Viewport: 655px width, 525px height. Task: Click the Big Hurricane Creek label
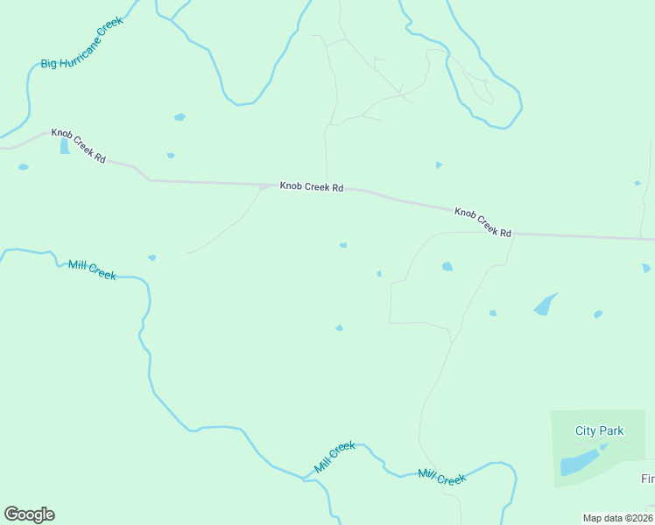pos(82,42)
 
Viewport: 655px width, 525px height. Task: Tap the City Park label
pos(600,430)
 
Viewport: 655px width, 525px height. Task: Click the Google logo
pos(29,514)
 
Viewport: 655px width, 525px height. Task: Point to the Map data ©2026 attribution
pos(617,518)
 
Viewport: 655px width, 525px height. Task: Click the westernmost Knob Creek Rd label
pos(78,146)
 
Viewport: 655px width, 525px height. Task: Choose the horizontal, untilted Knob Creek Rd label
pos(311,186)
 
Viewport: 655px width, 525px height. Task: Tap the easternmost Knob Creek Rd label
pos(482,222)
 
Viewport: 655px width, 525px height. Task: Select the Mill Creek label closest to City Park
pos(442,478)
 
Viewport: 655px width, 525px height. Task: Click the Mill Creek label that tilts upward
pos(335,458)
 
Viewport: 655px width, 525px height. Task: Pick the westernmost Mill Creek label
pos(92,269)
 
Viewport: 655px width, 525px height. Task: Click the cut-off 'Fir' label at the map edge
pos(647,479)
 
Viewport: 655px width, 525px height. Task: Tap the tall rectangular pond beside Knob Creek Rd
pos(65,146)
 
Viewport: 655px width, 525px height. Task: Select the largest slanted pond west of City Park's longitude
pos(545,304)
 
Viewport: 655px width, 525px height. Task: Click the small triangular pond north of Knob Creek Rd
pos(439,164)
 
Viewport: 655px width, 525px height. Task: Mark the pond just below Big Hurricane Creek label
pos(180,116)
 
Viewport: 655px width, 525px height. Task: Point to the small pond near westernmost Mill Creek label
pos(151,257)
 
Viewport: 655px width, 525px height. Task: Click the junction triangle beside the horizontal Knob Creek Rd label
pos(264,186)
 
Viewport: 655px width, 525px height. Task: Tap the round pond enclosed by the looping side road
pos(447,266)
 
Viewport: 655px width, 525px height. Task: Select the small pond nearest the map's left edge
pos(23,167)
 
